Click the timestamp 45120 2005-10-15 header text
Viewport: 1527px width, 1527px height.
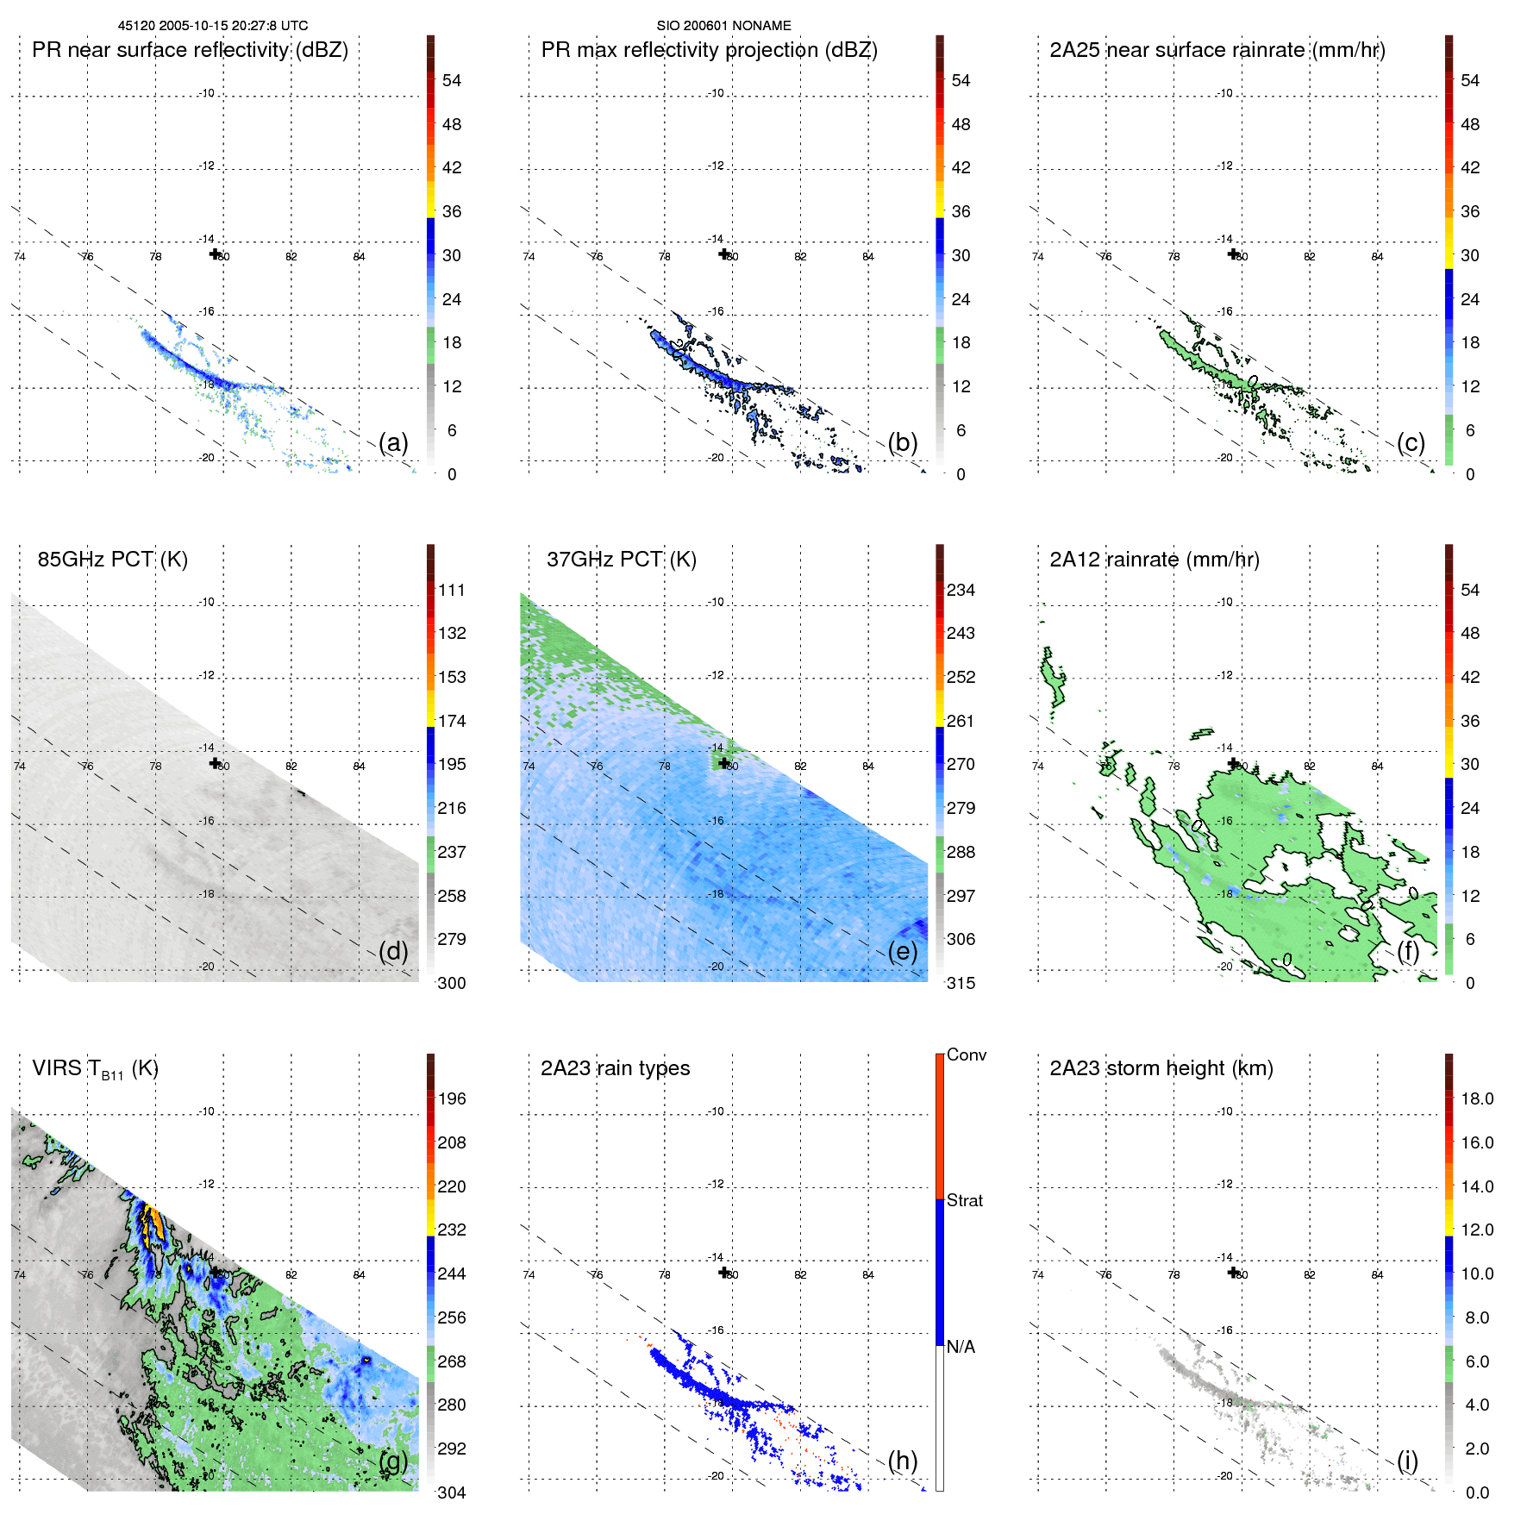tap(212, 26)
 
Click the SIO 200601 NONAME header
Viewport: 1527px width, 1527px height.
tap(723, 26)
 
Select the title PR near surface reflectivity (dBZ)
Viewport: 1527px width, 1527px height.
tap(190, 50)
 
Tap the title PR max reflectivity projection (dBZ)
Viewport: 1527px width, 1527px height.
tap(709, 50)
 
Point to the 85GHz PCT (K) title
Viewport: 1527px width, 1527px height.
tap(112, 560)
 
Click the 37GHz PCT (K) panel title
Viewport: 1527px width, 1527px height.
tap(621, 560)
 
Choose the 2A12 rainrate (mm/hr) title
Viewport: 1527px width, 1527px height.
tap(1155, 560)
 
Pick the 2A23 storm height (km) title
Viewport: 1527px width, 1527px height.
tap(1161, 1068)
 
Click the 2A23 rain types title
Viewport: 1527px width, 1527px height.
tap(615, 1068)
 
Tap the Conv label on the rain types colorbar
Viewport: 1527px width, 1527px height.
tap(967, 1055)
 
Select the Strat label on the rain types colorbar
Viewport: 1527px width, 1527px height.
tap(965, 1200)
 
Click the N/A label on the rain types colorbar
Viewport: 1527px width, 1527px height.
tap(961, 1347)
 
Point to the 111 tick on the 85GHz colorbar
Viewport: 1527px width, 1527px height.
tap(452, 590)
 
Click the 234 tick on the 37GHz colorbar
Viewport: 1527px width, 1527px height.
tap(961, 590)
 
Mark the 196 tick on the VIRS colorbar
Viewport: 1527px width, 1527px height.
tap(452, 1098)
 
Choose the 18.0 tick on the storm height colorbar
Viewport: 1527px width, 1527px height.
tap(1477, 1098)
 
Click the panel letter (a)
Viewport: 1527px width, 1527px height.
tap(393, 442)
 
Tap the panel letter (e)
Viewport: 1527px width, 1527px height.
tap(903, 951)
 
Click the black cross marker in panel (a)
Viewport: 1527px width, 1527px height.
tap(215, 253)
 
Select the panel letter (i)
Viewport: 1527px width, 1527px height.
tap(1407, 1461)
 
